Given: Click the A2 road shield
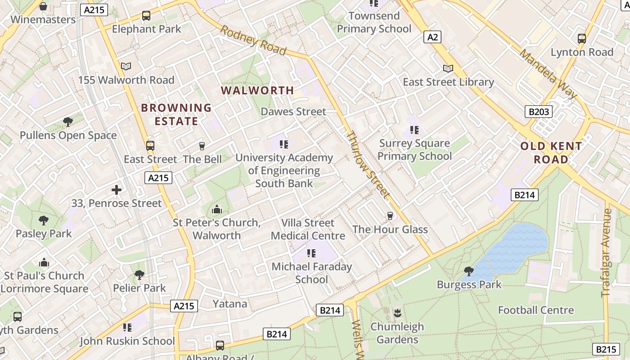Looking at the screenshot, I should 432,37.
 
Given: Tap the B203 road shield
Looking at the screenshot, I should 538,111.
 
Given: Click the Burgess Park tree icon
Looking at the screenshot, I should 468,271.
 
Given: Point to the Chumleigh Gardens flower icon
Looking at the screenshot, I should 397,313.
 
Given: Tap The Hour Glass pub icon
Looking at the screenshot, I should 390,216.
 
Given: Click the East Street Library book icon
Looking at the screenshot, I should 448,68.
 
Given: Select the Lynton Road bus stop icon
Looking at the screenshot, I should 582,39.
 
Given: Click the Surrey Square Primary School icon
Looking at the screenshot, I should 414,130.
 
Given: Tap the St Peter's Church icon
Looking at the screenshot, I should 217,210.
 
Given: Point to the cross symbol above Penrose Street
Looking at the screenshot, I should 117,190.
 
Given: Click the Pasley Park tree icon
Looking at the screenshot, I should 43,220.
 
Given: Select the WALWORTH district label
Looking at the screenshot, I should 257,90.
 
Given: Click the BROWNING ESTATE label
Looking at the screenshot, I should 176,114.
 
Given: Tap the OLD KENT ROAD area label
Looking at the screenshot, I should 551,153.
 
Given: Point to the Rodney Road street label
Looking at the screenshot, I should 253,40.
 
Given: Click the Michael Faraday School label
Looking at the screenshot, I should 312,273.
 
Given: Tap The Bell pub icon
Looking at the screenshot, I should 202,146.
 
